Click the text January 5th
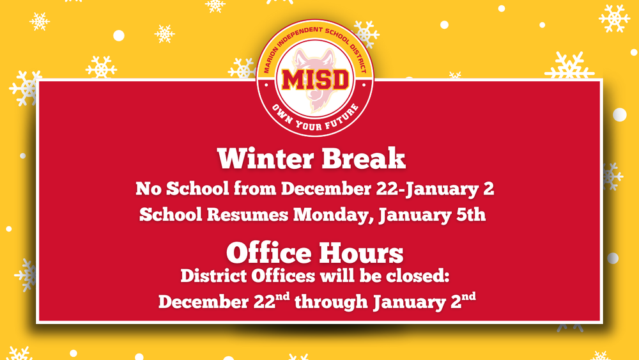click(433, 215)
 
